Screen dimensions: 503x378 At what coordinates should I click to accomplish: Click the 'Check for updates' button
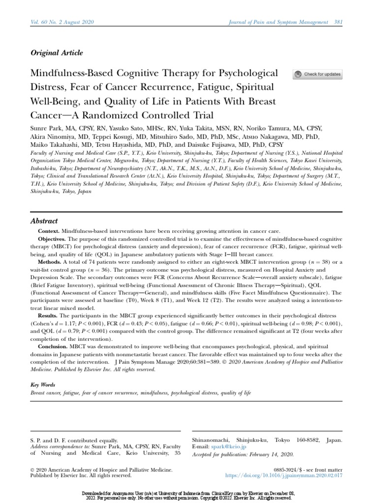pyautogui.click(x=317, y=74)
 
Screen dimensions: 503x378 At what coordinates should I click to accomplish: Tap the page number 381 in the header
pyautogui.click(x=339, y=22)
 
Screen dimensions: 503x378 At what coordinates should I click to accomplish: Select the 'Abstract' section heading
pyautogui.click(x=44, y=221)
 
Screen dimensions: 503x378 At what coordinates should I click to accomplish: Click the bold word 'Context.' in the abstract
pyautogui.click(x=50, y=231)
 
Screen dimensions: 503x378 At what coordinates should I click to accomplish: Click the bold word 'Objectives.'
pyautogui.click(x=53, y=239)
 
